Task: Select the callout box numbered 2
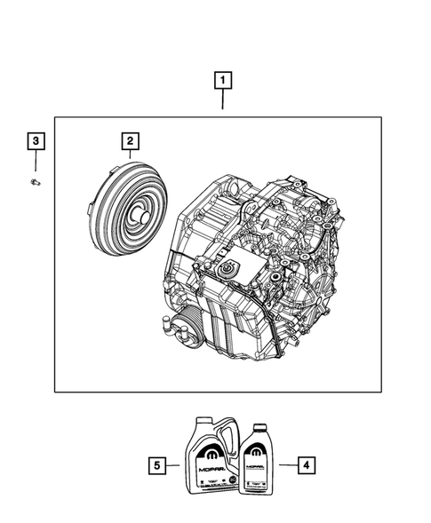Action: coord(130,141)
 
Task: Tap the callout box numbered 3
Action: coord(36,141)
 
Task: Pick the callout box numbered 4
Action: coord(305,464)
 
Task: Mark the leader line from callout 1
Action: coord(222,103)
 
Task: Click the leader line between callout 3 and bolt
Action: coord(36,162)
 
